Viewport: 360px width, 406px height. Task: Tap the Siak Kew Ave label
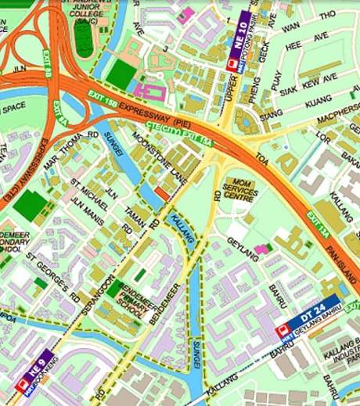(311, 77)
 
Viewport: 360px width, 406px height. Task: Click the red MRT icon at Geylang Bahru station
(283, 332)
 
